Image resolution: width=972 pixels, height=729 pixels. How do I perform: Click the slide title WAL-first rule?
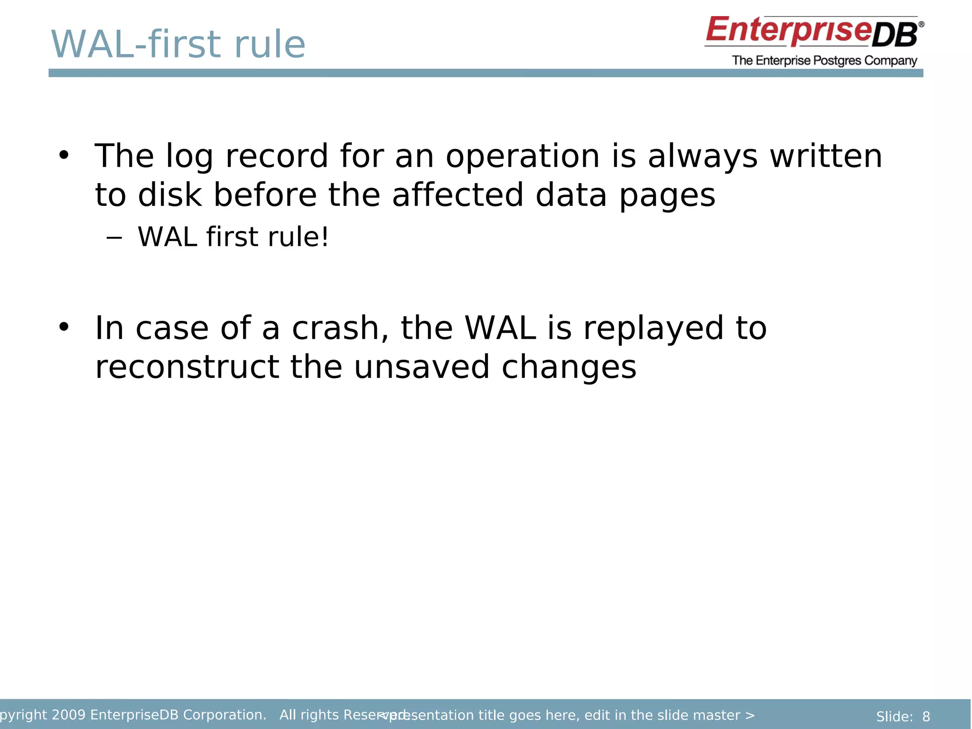[x=178, y=45]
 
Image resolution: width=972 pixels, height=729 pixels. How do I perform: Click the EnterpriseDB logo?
[x=813, y=31]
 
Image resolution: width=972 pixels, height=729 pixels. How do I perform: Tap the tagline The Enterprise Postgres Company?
[x=824, y=61]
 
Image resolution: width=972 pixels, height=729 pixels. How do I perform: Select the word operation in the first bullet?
[x=523, y=157]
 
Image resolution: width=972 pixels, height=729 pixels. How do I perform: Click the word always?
[x=702, y=157]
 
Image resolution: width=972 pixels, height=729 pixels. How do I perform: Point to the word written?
[x=826, y=156]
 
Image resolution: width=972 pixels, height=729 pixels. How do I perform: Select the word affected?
[x=457, y=195]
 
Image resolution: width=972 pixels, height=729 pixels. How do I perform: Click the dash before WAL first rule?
[x=114, y=238]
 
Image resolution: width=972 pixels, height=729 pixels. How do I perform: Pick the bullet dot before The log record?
[x=64, y=155]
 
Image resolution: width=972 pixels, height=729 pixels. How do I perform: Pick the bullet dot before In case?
[x=64, y=327]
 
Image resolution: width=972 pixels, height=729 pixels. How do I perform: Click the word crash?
[x=340, y=328]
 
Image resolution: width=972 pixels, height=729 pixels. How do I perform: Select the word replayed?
[x=653, y=329]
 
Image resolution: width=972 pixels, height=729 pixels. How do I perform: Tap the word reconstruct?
[x=187, y=367]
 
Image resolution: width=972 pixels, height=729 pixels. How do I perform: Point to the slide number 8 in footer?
[x=926, y=717]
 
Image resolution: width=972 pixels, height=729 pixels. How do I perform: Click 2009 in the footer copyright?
[x=68, y=715]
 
